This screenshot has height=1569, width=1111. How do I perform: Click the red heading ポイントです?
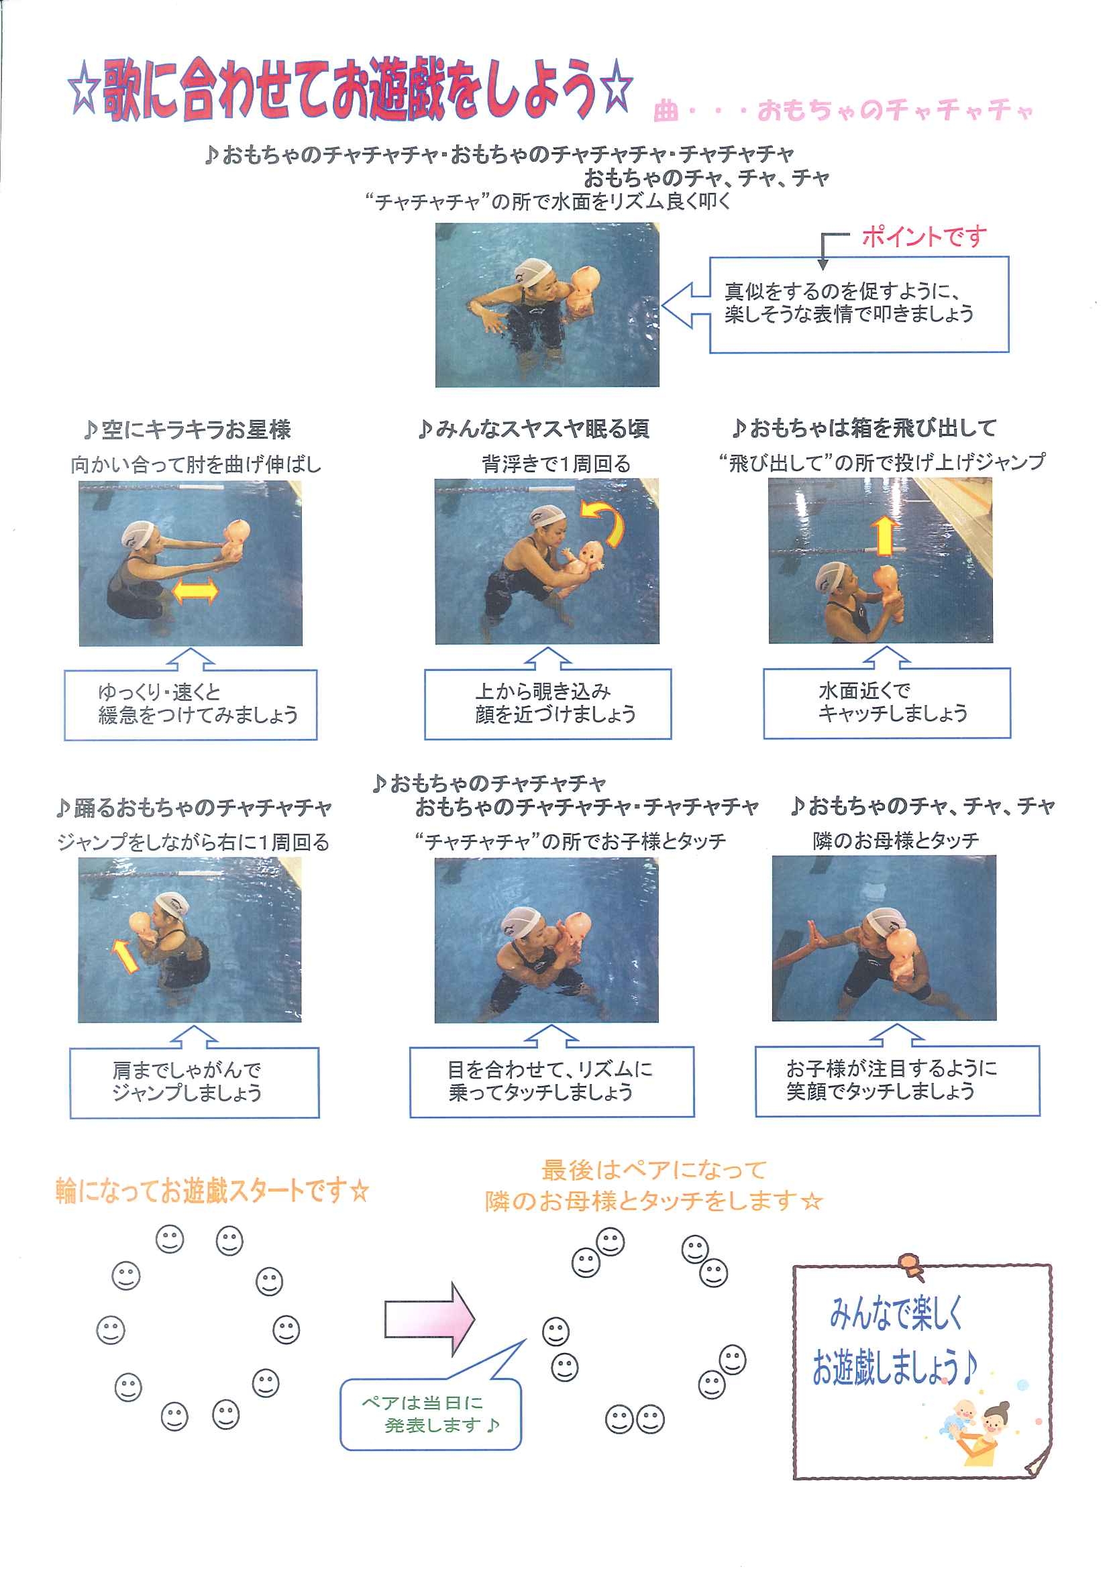(x=924, y=237)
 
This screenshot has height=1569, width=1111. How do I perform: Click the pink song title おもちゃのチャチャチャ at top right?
(x=895, y=110)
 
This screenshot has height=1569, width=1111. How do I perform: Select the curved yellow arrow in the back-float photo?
(x=606, y=523)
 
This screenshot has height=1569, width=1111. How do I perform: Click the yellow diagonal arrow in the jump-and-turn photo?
(x=125, y=955)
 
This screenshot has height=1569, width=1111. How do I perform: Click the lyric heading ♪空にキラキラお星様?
(x=187, y=429)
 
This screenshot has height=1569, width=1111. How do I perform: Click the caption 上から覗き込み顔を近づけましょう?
(x=555, y=702)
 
